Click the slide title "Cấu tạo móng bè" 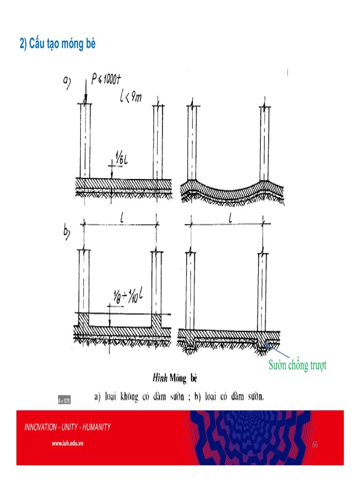click(x=58, y=45)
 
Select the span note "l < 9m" click(x=131, y=97)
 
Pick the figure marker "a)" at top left click(x=67, y=80)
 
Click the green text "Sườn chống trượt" click(x=297, y=365)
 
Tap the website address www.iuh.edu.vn click(x=68, y=443)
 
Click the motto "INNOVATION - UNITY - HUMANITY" click(x=67, y=427)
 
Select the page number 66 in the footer click(x=315, y=444)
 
